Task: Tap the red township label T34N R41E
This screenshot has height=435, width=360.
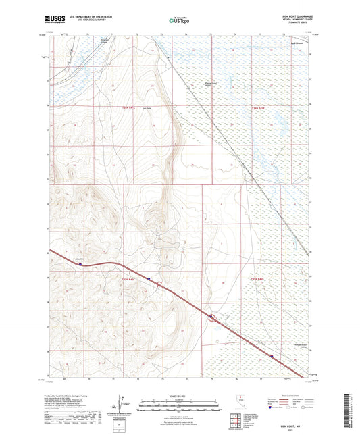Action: pyautogui.click(x=129, y=279)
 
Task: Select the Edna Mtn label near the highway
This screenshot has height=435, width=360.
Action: pyautogui.click(x=78, y=258)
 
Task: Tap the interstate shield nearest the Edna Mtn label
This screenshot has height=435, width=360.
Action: pyautogui.click(x=80, y=265)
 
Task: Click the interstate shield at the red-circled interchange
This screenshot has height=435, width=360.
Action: pyautogui.click(x=211, y=316)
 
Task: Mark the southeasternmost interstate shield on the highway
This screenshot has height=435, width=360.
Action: pyautogui.click(x=272, y=357)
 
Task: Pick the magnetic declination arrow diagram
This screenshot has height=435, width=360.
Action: pyautogui.click(x=124, y=404)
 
